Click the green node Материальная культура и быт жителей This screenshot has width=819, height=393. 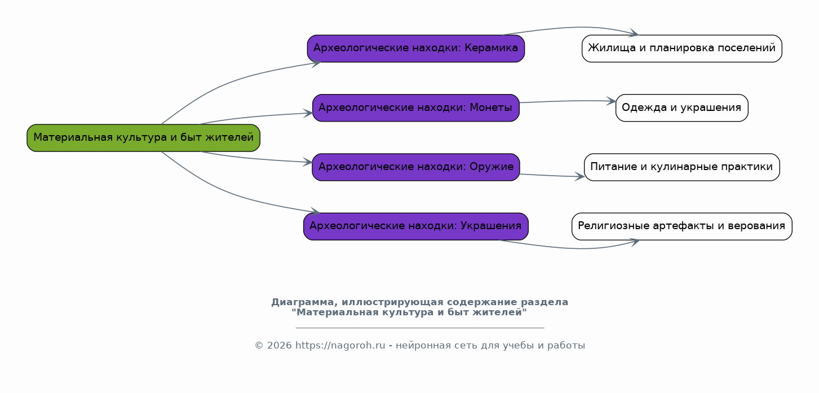(x=143, y=138)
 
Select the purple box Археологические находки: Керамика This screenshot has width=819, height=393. (x=416, y=48)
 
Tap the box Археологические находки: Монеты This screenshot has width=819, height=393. (x=416, y=108)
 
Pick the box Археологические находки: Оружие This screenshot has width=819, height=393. (x=416, y=167)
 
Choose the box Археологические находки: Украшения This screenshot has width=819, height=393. (x=416, y=226)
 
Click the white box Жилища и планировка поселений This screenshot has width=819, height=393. (x=682, y=48)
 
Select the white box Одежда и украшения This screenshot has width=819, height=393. (x=682, y=108)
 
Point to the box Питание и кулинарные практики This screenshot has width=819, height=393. (x=682, y=167)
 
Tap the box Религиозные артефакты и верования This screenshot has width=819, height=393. (x=682, y=226)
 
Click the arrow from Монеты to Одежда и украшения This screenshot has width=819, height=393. (x=568, y=101)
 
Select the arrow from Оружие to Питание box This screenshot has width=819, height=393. (x=552, y=176)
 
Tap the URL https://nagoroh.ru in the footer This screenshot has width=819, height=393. (x=340, y=346)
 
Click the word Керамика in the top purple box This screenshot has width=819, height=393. (x=491, y=48)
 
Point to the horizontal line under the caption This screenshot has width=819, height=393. (x=420, y=328)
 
